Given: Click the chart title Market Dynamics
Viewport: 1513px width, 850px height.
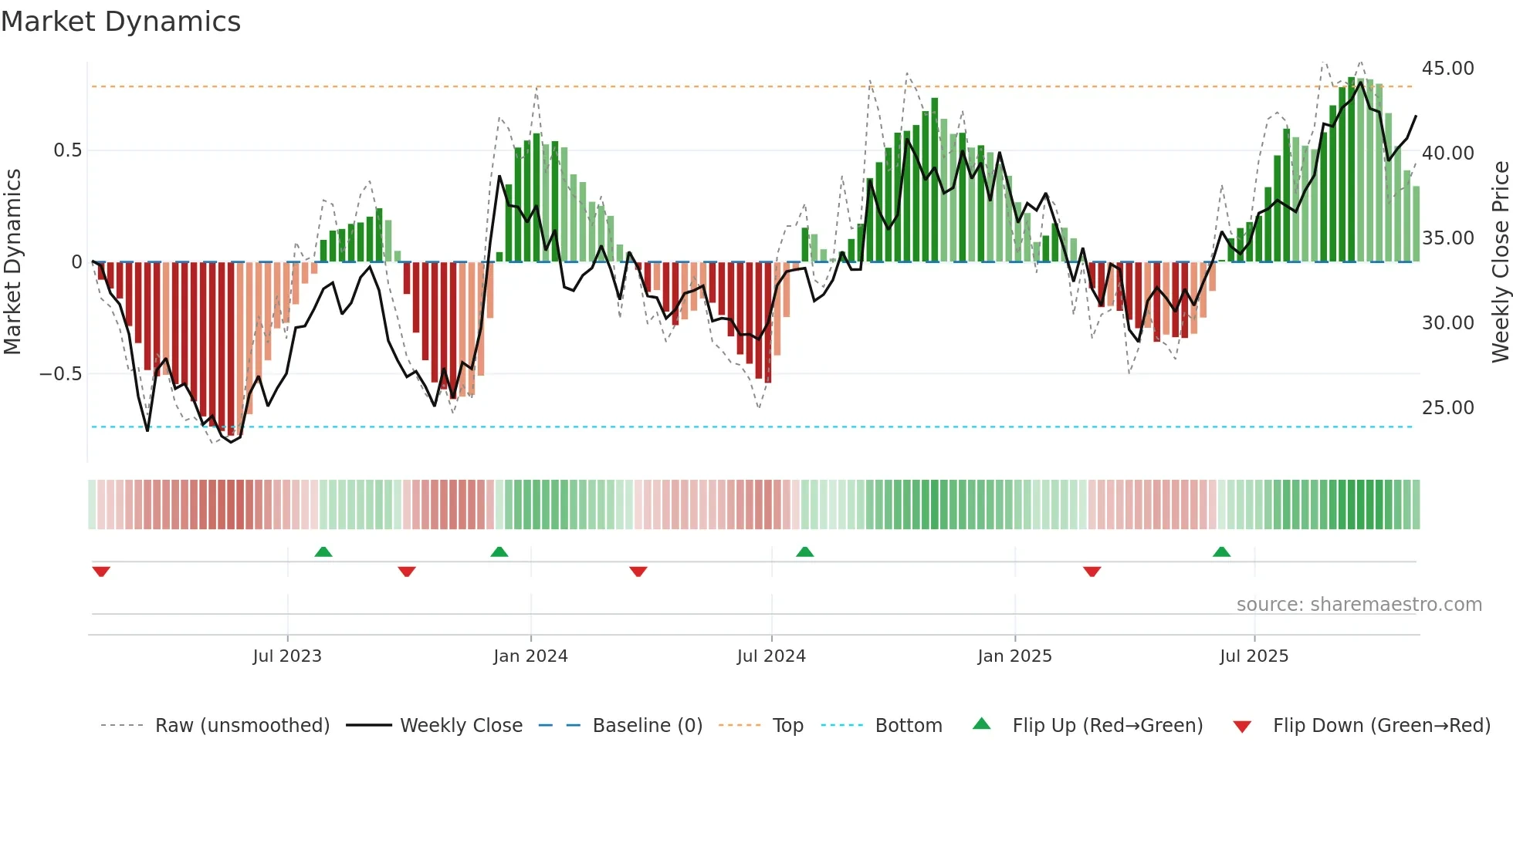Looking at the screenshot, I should (x=120, y=22).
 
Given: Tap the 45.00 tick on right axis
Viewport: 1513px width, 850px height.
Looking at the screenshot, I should (x=1447, y=69).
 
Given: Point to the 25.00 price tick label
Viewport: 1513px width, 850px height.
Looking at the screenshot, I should (x=1447, y=408).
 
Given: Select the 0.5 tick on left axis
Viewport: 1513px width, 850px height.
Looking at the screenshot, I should (x=67, y=150).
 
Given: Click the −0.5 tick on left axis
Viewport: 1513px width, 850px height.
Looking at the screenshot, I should (x=60, y=374).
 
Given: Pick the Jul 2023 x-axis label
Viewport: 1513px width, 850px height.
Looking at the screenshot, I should (x=287, y=656).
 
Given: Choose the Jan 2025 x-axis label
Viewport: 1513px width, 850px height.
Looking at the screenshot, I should (x=1014, y=656).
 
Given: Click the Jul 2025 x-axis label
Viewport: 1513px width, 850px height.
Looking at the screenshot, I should (x=1254, y=656).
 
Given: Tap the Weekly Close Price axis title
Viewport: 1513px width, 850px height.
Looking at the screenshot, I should (x=1500, y=262).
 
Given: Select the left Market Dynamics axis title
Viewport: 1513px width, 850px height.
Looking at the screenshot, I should (x=12, y=262).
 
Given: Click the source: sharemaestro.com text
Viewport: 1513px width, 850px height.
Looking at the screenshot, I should (x=1359, y=605).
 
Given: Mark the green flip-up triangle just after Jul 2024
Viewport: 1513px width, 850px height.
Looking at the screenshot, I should (x=804, y=551).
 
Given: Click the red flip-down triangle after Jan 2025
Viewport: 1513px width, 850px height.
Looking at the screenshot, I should (x=1092, y=572).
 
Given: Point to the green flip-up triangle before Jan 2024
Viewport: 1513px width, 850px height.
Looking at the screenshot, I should (x=499, y=551).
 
